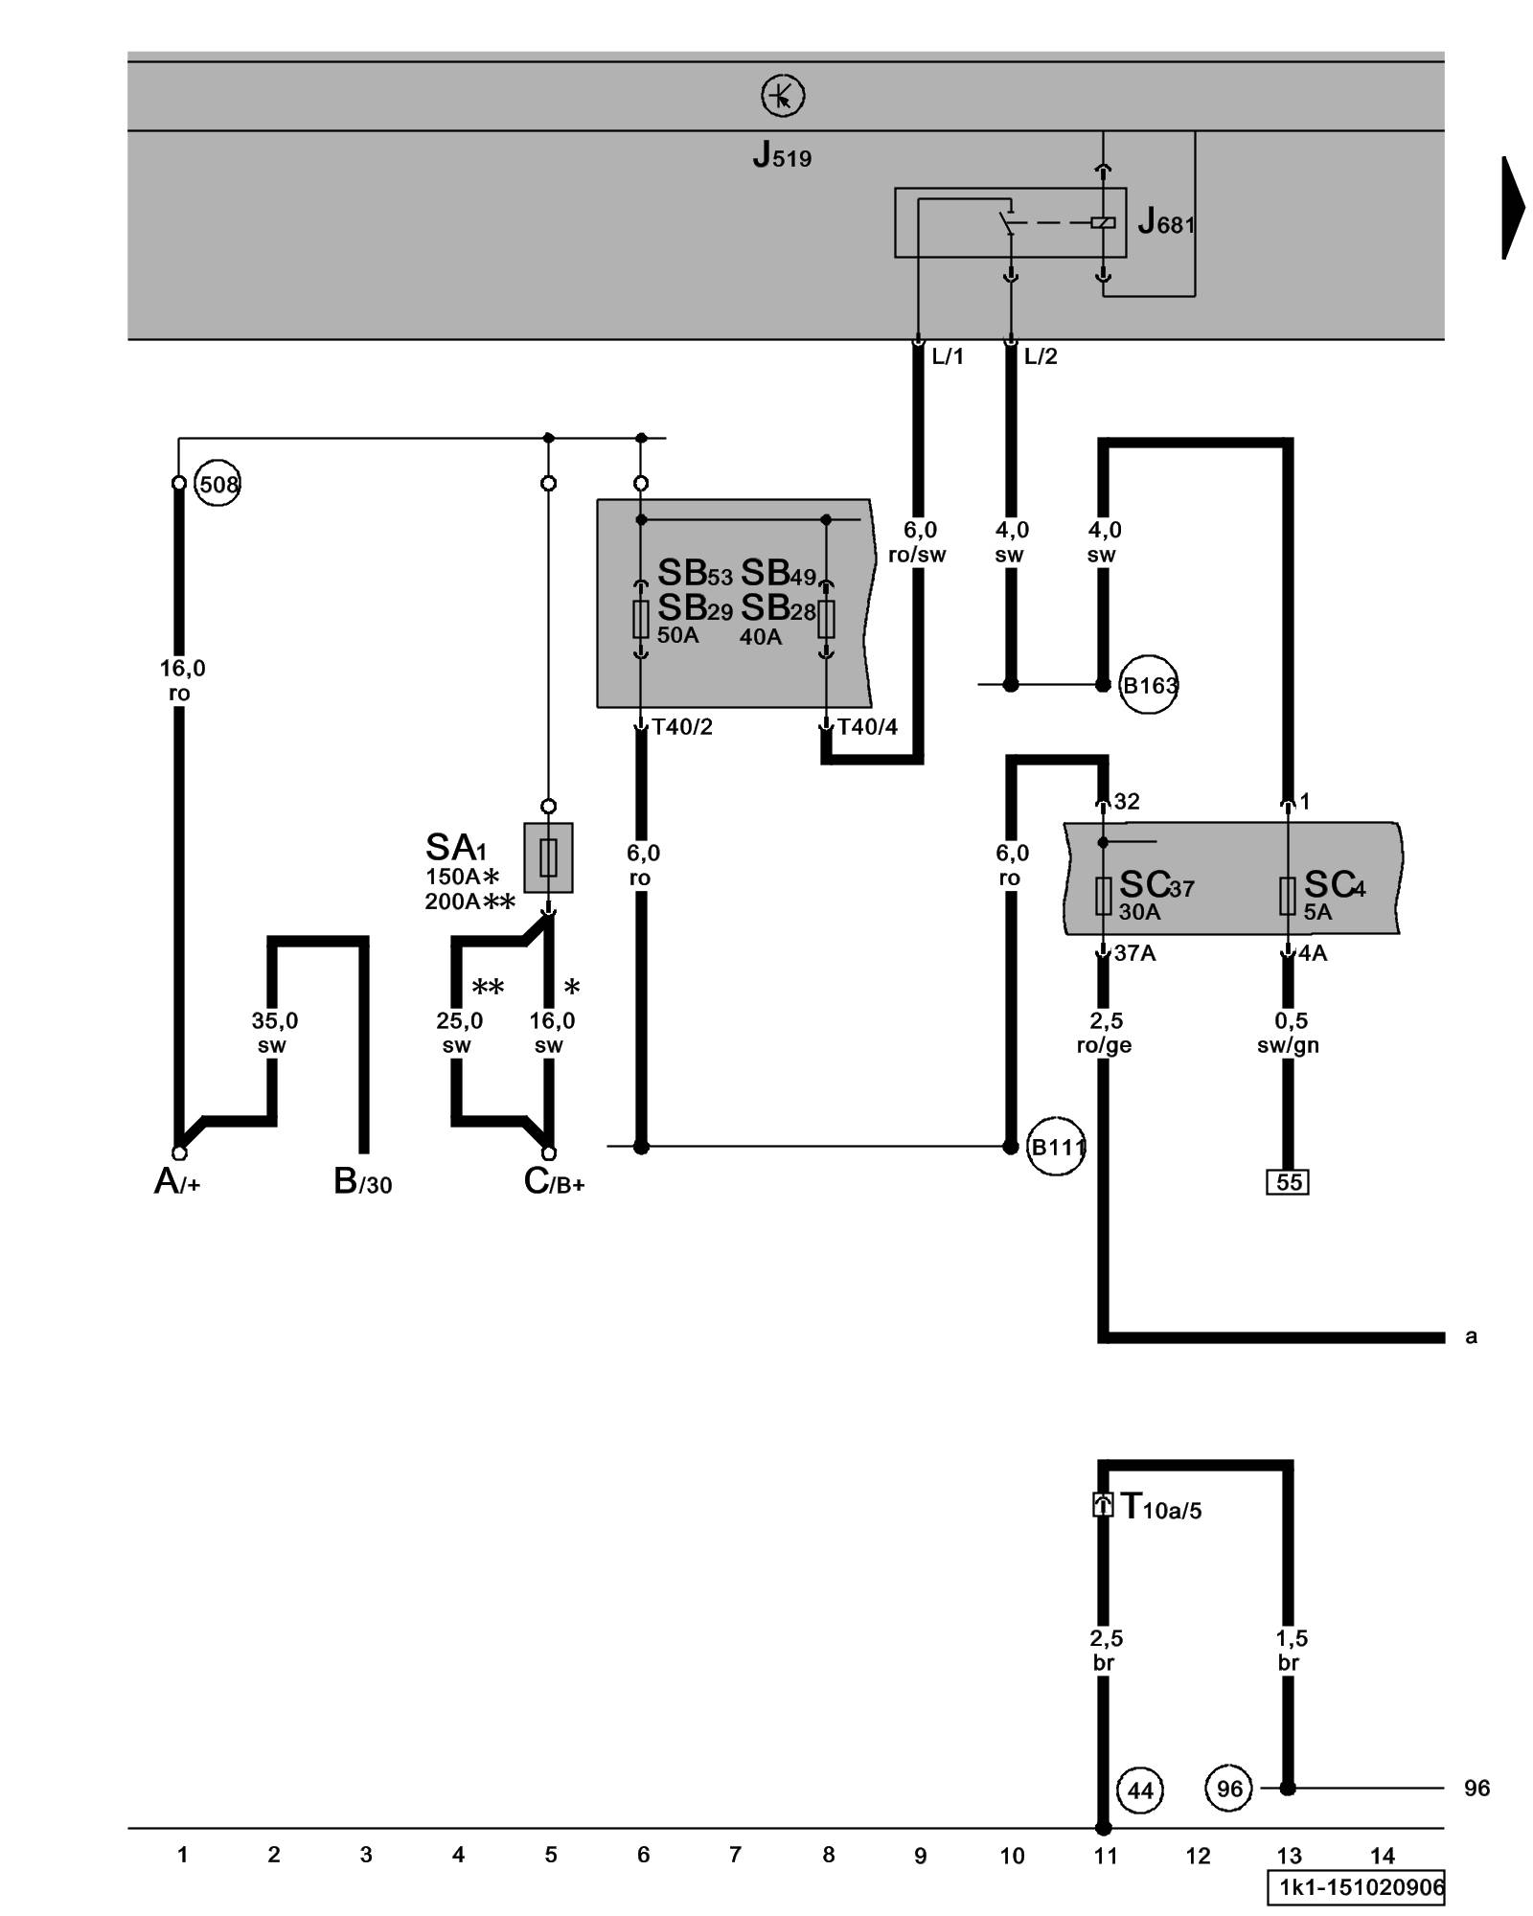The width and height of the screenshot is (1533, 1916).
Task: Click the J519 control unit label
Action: point(782,155)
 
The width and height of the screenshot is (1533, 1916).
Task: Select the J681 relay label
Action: point(1165,223)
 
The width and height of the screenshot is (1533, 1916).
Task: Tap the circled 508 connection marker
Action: point(217,485)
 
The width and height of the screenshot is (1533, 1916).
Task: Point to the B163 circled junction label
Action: point(1148,686)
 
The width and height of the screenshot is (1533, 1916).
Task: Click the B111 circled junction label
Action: point(1056,1147)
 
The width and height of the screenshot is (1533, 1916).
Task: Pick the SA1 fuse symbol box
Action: point(548,857)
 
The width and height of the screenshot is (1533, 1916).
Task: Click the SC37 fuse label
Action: point(1155,885)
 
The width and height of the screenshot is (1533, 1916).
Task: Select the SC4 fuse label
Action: point(1334,885)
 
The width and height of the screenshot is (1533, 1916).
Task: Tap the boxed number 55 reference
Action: point(1288,1182)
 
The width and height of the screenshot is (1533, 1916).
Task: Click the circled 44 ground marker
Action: point(1140,1790)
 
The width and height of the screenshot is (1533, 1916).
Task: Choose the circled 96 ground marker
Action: point(1229,1789)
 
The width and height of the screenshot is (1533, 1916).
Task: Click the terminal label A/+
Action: point(177,1182)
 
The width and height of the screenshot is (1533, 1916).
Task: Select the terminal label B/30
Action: point(362,1182)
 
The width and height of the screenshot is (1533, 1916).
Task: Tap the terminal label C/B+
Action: point(554,1182)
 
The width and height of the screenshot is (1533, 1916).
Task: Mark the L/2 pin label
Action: point(1041,357)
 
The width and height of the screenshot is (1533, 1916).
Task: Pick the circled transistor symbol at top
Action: point(783,97)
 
